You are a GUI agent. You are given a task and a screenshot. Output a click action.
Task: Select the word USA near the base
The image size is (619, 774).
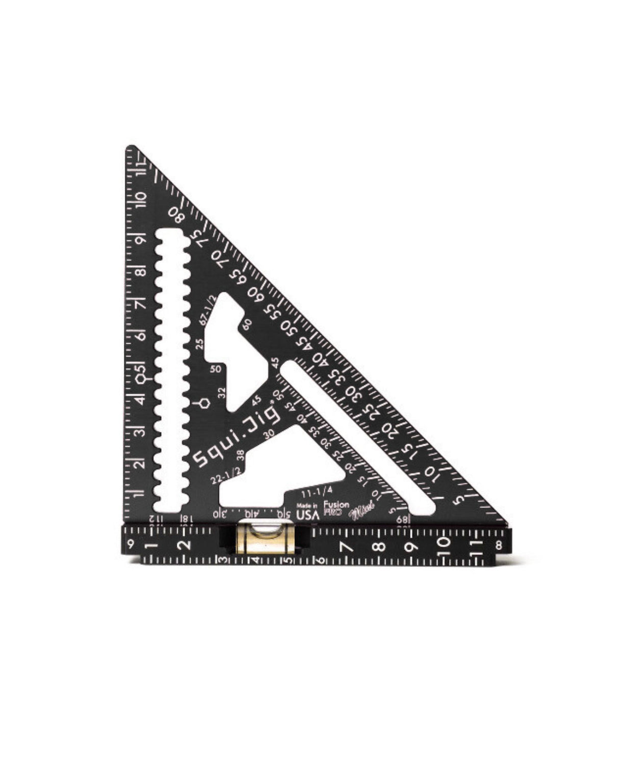tap(307, 515)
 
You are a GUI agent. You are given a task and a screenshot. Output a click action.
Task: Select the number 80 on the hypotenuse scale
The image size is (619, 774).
tap(177, 215)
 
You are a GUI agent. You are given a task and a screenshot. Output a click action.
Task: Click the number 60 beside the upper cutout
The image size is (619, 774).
tap(247, 325)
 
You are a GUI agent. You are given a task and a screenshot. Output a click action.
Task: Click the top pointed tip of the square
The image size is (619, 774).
tap(130, 149)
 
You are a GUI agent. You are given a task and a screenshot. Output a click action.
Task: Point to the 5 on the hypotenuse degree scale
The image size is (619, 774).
tap(461, 500)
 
